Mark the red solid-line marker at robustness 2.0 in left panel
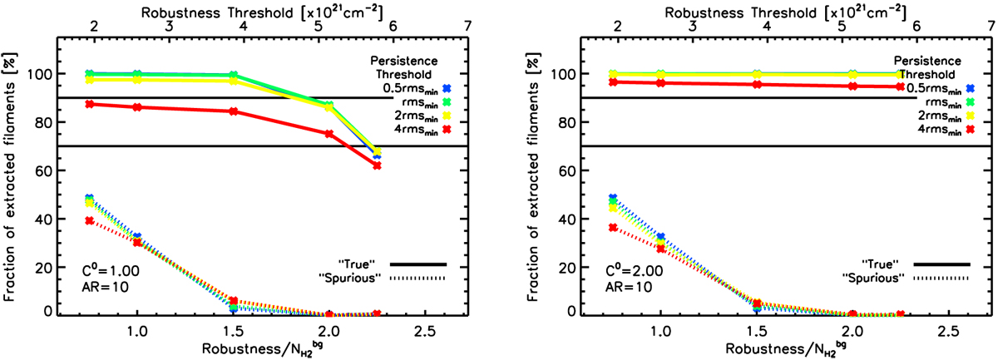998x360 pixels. point(329,134)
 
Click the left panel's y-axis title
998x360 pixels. point(15,170)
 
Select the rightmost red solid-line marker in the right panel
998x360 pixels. point(900,86)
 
